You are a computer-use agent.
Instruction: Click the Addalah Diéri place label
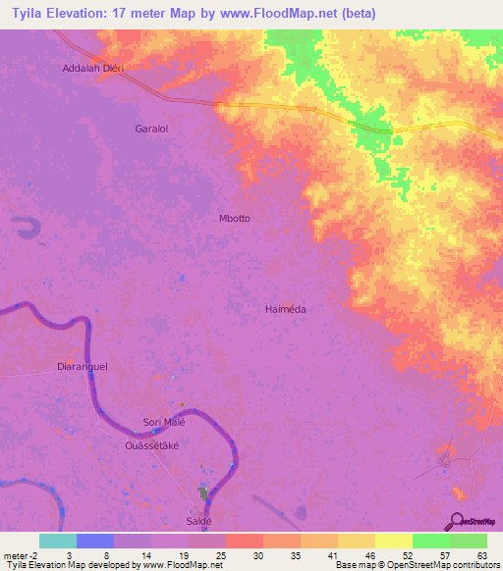96,69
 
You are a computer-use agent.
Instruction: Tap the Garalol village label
154,129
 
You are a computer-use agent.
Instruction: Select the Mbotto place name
234,219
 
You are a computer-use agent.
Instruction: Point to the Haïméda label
286,309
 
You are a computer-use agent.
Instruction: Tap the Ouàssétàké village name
151,444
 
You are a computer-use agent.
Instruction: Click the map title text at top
195,14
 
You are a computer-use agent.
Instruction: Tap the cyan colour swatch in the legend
57,541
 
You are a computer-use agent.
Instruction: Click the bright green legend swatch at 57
430,541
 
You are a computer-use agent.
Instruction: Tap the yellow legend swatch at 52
393,541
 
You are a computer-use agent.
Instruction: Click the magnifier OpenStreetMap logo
457,521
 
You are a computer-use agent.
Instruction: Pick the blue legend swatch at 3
94,541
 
